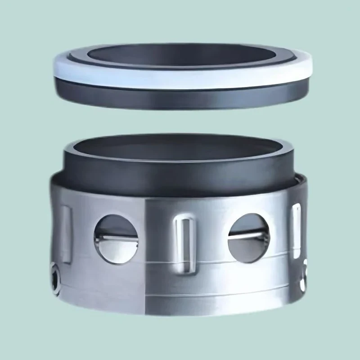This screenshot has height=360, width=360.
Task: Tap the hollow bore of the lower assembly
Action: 180,151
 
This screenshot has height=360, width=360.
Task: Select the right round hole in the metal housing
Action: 249,237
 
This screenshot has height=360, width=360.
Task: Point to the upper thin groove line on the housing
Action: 180,262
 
